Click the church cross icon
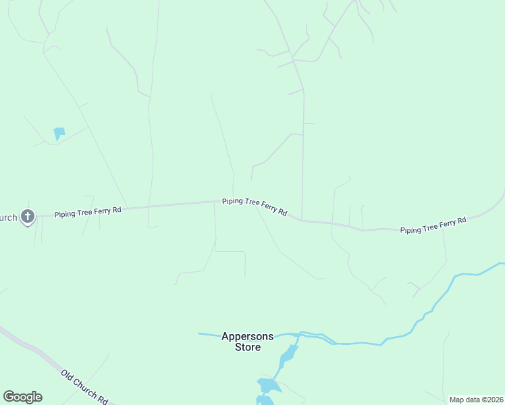(x=27, y=217)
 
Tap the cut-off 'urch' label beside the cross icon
(x=8, y=217)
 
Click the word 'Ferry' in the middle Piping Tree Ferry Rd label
(x=265, y=207)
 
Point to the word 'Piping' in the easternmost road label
(x=411, y=229)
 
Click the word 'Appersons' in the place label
(x=248, y=336)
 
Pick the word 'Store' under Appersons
(x=248, y=347)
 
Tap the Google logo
(x=22, y=397)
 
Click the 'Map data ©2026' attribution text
(x=475, y=400)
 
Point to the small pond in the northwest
(x=59, y=132)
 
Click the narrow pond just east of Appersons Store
(x=288, y=354)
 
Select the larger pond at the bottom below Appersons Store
(x=268, y=385)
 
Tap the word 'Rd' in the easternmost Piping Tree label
(x=462, y=221)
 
